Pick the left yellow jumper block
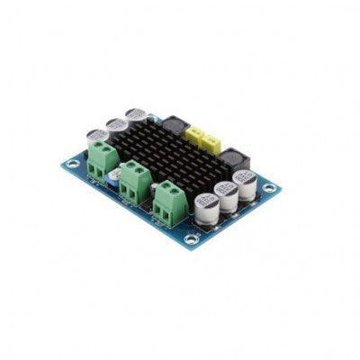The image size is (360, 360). tap(195, 134)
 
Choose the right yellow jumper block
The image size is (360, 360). tap(211, 141)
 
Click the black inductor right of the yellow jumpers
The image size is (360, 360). tap(236, 159)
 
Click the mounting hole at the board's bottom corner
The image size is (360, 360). tap(191, 239)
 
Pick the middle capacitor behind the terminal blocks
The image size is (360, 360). tap(117, 126)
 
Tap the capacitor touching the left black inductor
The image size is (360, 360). tap(137, 117)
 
